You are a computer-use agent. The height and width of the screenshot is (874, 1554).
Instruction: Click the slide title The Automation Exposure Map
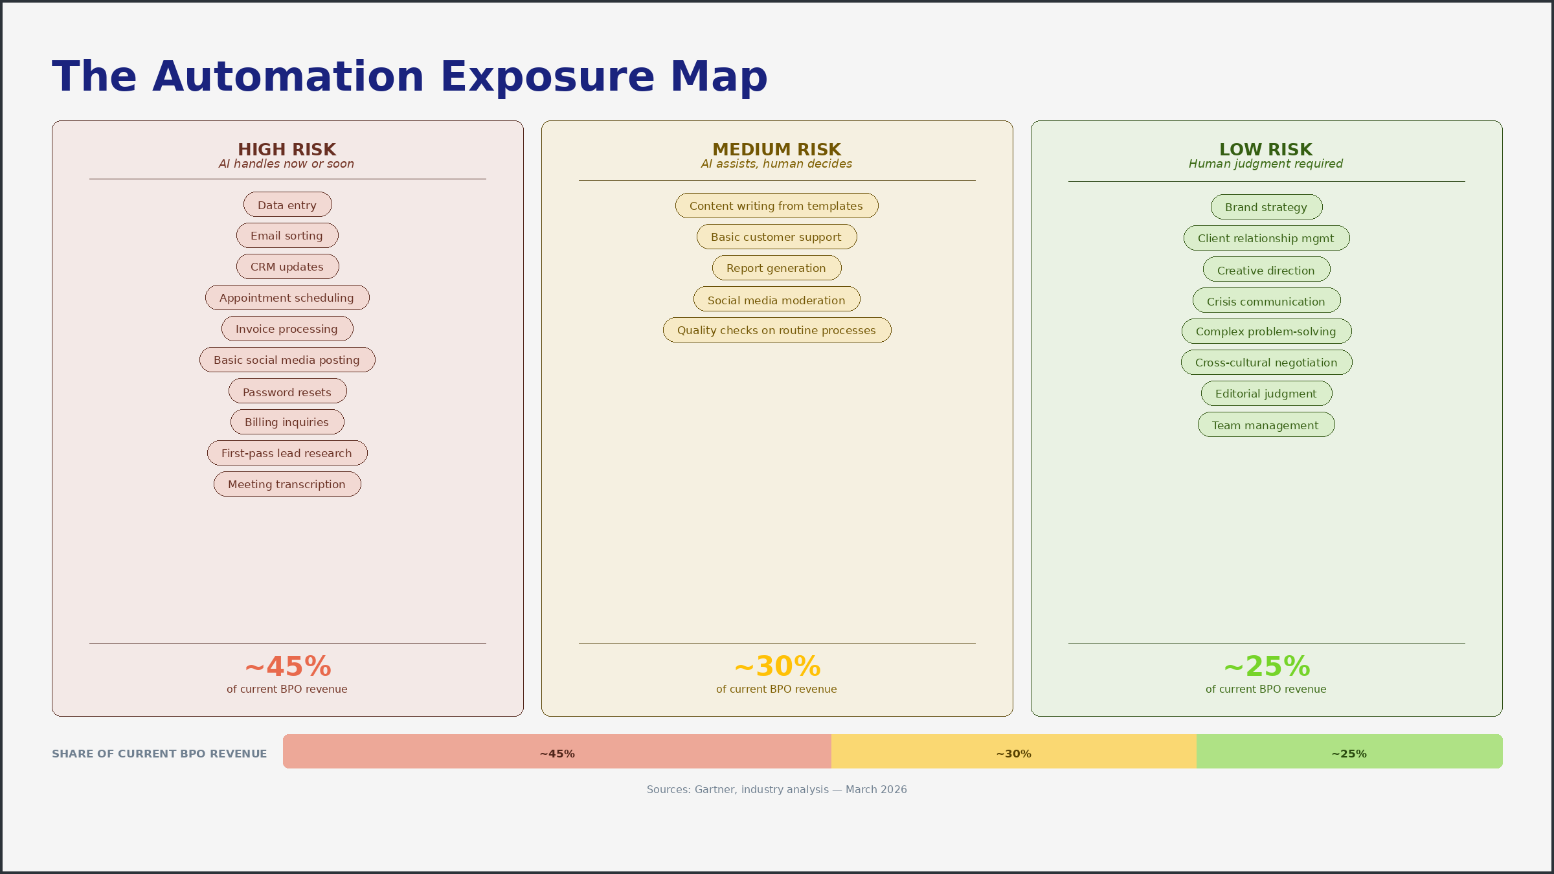pyautogui.click(x=409, y=76)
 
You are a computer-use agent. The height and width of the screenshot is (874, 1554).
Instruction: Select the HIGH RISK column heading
pyautogui.click(x=287, y=150)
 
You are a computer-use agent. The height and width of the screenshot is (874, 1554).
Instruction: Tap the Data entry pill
pyautogui.click(x=287, y=205)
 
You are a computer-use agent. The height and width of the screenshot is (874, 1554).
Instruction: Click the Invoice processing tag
pyautogui.click(x=287, y=329)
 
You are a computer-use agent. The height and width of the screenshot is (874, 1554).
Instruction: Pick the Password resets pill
pyautogui.click(x=287, y=392)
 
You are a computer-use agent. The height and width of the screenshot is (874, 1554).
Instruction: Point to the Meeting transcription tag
pyautogui.click(x=287, y=484)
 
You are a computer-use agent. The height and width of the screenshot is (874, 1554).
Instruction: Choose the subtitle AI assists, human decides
pyautogui.click(x=776, y=164)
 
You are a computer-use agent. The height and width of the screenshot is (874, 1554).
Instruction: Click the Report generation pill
pyautogui.click(x=776, y=268)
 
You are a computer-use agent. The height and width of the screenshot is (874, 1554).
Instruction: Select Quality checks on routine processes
pyautogui.click(x=776, y=330)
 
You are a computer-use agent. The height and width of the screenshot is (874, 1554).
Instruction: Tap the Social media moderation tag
pyautogui.click(x=776, y=300)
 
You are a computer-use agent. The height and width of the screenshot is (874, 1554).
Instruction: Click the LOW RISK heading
pyautogui.click(x=1266, y=150)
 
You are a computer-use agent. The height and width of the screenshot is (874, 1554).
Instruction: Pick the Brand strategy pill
pyautogui.click(x=1266, y=207)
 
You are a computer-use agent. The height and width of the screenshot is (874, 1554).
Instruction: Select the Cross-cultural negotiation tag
pyautogui.click(x=1266, y=363)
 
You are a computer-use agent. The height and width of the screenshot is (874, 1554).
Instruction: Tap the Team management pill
pyautogui.click(x=1266, y=425)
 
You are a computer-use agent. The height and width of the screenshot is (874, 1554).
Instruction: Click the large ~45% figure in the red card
pyautogui.click(x=287, y=666)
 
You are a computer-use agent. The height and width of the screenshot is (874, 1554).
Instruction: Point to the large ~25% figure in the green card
pyautogui.click(x=1267, y=666)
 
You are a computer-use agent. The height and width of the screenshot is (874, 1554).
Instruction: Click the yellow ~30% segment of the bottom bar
pyautogui.click(x=1013, y=752)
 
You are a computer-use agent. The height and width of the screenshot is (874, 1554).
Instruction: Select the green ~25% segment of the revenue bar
pyautogui.click(x=1349, y=752)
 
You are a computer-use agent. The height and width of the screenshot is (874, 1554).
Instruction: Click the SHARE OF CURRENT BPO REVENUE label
pyautogui.click(x=159, y=754)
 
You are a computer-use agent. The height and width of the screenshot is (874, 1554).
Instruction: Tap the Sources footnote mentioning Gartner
pyautogui.click(x=776, y=790)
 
